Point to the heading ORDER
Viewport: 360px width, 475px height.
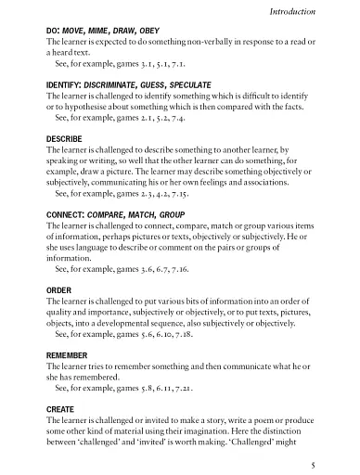coord(58,289)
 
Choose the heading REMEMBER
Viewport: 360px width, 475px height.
coord(69,353)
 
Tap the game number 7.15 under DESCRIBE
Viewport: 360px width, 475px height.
coord(166,196)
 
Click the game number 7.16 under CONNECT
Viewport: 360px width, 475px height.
coord(166,273)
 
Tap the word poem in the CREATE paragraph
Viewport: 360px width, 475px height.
coord(256,420)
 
